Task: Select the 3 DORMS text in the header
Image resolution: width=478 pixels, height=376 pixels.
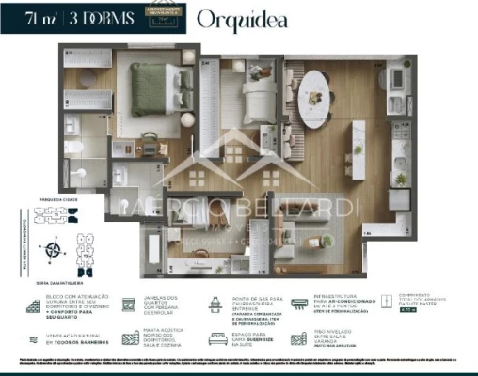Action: [x=95, y=17]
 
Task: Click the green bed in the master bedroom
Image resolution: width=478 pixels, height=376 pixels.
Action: [x=148, y=89]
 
